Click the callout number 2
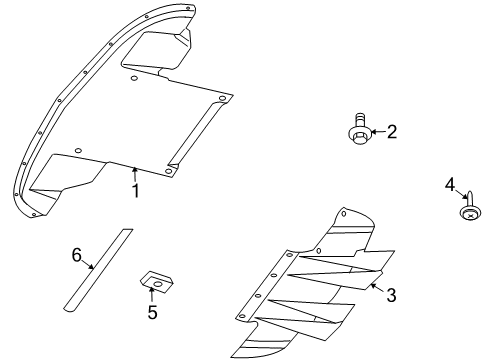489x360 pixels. tap(392, 131)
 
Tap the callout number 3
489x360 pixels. tap(392, 295)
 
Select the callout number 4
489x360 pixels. tap(450, 184)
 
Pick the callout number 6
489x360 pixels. tap(76, 256)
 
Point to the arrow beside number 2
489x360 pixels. tap(378, 131)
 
